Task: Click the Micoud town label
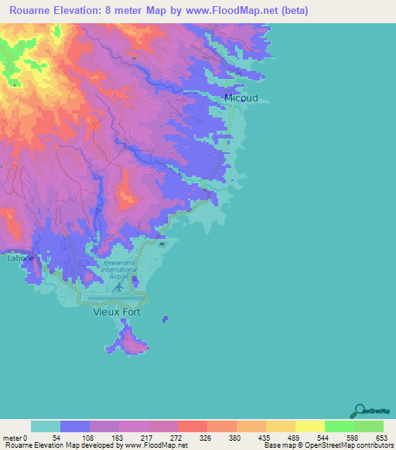(x=241, y=98)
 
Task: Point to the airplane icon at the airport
(x=118, y=287)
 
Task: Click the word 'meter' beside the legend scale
(x=13, y=438)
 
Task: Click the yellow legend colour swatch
(x=310, y=426)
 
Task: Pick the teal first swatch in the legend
(x=46, y=426)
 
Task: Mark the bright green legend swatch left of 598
(x=340, y=426)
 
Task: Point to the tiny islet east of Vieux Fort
(x=165, y=318)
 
